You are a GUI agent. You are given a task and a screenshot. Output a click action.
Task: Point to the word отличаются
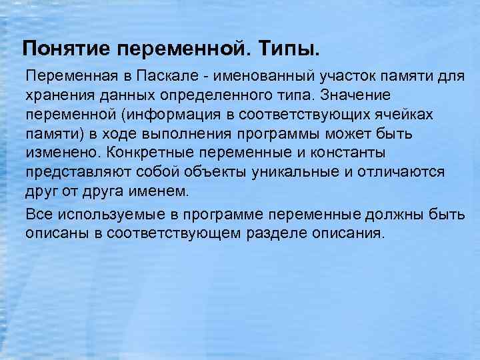click(403, 173)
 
